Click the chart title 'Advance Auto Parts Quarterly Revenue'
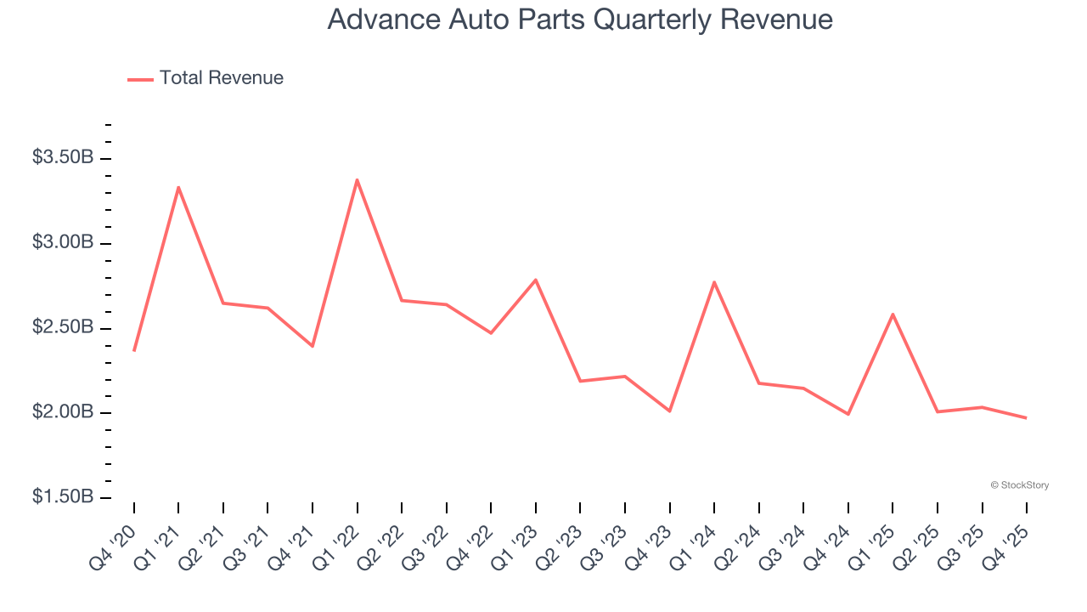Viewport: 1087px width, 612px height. coord(580,20)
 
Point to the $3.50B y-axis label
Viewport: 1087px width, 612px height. coord(63,158)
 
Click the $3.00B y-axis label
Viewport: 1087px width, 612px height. coord(63,243)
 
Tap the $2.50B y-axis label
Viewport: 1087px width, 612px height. coord(63,328)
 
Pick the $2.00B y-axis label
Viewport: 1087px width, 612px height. coord(63,412)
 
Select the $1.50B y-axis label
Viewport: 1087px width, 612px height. coord(63,497)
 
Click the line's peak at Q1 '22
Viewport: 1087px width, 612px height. coord(357,179)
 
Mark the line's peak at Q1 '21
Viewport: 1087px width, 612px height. coord(178,187)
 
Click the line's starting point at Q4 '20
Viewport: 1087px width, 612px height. coord(134,350)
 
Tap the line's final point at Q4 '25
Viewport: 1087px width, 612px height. coord(1026,417)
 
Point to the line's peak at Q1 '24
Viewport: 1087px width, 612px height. coord(714,281)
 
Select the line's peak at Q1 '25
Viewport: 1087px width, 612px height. coord(893,314)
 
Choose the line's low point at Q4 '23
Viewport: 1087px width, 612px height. coord(669,411)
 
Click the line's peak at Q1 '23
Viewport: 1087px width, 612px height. coord(535,280)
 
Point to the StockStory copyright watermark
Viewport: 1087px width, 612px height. coord(1019,485)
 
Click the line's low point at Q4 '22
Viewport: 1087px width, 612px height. coord(491,332)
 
